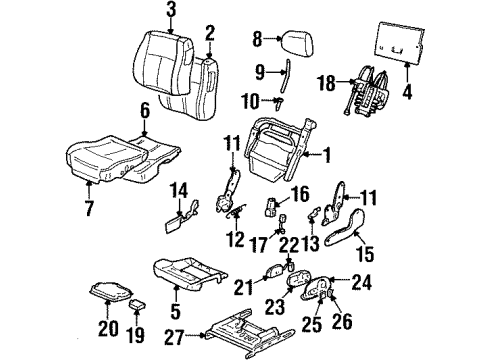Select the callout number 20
point(110,324)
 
